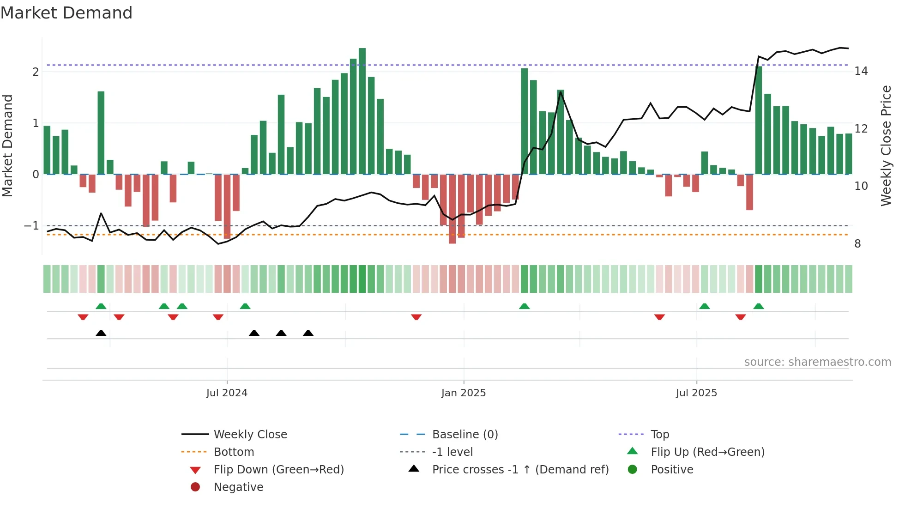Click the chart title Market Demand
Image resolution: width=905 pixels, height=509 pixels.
click(66, 13)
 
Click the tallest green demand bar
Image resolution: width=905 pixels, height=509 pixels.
click(362, 111)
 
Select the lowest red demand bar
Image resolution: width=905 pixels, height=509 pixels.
click(452, 209)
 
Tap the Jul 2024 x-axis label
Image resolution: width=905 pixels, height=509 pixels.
click(227, 393)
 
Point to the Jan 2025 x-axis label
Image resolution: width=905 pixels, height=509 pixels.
click(464, 393)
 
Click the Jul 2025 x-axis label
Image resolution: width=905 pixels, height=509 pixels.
click(696, 393)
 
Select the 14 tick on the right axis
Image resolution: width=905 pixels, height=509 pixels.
click(861, 71)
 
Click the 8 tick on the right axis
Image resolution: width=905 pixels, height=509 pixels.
click(857, 244)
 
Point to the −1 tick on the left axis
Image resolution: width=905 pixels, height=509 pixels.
click(31, 226)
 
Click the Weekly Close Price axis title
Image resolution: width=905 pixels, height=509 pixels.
click(886, 145)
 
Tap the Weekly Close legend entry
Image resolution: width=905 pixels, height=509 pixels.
click(250, 435)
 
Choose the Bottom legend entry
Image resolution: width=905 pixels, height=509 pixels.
click(234, 452)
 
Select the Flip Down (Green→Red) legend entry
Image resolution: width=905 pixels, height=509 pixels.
click(278, 470)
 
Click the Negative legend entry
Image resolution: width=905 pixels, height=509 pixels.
click(238, 487)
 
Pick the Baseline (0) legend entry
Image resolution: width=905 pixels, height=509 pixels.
click(465, 435)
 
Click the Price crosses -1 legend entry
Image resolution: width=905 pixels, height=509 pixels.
click(520, 470)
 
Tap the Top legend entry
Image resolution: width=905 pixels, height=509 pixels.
click(660, 435)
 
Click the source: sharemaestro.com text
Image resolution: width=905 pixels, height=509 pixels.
click(817, 362)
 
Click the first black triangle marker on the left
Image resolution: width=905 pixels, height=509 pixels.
click(101, 333)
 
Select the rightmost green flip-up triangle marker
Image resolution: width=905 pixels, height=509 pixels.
click(759, 306)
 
